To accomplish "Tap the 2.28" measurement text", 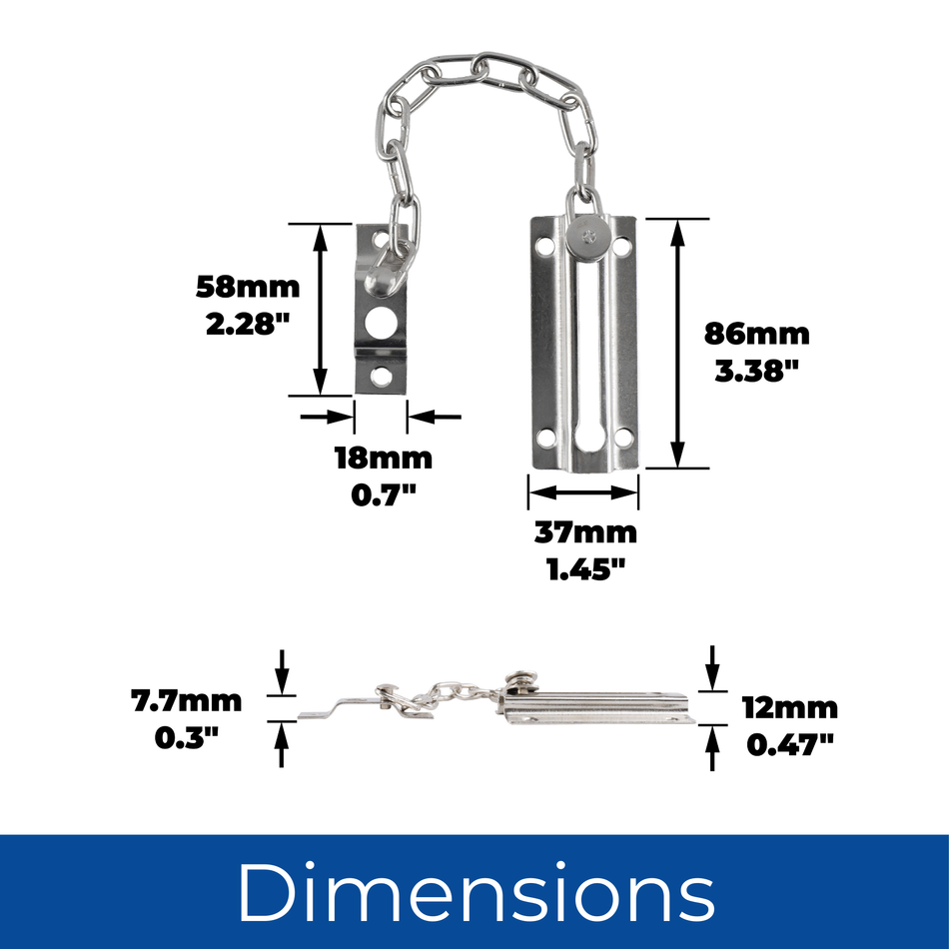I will [248, 325].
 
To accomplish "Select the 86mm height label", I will [756, 334].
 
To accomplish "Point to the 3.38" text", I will [756, 370].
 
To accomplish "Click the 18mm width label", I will [383, 459].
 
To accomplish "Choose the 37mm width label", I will [585, 533].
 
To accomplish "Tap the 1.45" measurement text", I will [585, 569].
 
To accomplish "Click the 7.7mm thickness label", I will [187, 701].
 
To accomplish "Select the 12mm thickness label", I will [790, 708].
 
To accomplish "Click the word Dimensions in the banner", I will [475, 891].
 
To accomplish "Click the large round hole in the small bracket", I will [380, 321].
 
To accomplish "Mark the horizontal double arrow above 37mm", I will [583, 491].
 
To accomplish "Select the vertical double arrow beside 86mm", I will [677, 343].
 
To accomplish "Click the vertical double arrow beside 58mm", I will [320, 309].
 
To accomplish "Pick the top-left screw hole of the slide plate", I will [544, 243].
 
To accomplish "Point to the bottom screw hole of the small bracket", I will [380, 376].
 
